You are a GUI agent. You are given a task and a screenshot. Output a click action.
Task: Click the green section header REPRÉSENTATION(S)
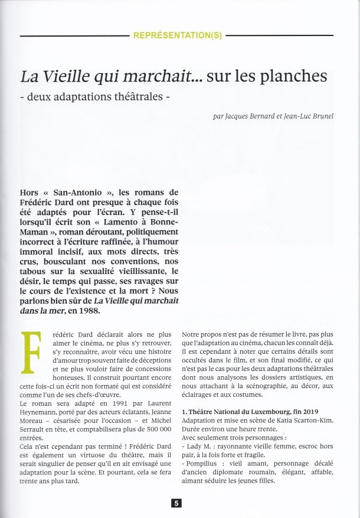click(178, 35)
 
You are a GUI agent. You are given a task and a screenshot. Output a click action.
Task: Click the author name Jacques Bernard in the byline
click(242, 116)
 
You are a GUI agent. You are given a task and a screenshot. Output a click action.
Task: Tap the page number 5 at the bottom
click(176, 503)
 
